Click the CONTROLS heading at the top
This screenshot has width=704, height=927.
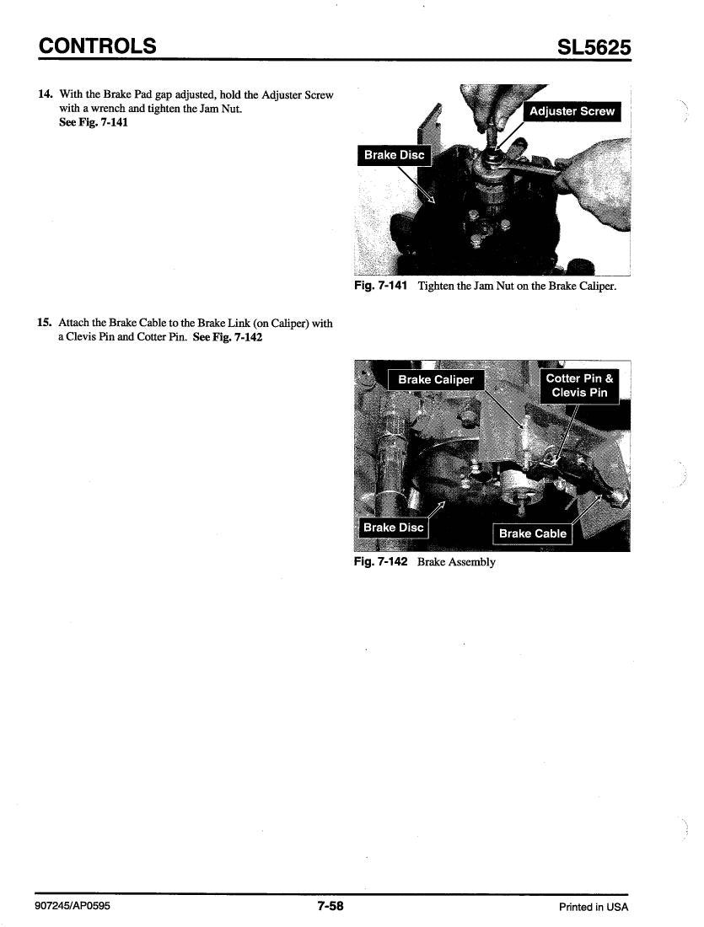point(98,46)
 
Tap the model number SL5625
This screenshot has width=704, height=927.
point(594,46)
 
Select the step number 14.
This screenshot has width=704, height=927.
point(45,94)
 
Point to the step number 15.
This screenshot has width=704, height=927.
point(45,323)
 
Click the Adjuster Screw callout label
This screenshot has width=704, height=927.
point(572,111)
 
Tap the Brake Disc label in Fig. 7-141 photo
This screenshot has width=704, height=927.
point(394,155)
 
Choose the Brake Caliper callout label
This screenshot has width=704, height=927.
point(436,379)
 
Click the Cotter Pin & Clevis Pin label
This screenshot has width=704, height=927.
point(580,385)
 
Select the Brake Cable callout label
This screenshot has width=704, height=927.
point(533,533)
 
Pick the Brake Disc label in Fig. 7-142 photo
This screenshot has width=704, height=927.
point(394,528)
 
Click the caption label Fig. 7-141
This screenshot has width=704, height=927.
point(381,287)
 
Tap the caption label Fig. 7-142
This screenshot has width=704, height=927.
point(381,561)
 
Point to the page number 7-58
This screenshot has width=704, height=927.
point(331,906)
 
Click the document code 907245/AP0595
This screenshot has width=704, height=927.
point(73,906)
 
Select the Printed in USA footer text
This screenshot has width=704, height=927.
point(594,907)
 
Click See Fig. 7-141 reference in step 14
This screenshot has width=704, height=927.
point(94,122)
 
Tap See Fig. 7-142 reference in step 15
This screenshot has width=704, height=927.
point(228,337)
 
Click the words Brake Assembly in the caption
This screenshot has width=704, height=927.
point(456,562)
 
